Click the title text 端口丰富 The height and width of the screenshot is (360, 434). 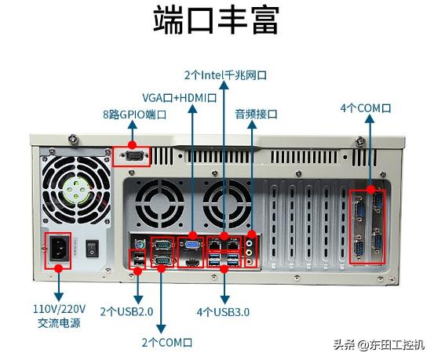click(x=216, y=21)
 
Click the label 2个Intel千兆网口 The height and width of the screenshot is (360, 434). click(x=225, y=76)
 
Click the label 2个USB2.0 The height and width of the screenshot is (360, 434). click(x=126, y=311)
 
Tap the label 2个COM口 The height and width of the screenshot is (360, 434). click(x=166, y=342)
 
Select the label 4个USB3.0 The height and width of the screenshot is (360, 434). click(x=223, y=311)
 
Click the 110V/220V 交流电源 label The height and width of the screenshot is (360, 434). click(x=60, y=316)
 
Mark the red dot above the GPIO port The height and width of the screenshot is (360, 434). click(x=133, y=145)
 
